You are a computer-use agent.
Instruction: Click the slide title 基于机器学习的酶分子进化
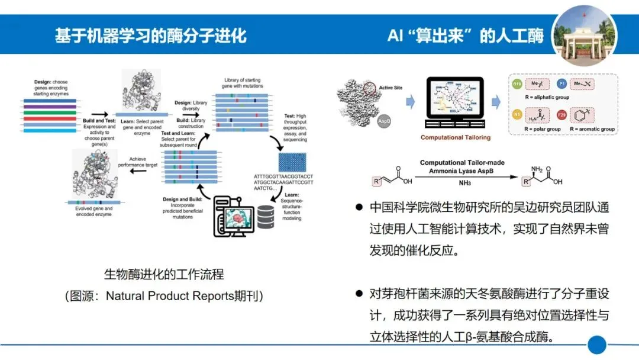coord(150,35)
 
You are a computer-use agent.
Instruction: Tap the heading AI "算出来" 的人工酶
coord(465,36)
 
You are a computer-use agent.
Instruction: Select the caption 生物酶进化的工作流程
coord(164,274)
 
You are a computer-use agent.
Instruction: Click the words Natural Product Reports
coord(170,295)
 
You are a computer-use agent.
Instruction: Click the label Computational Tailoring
coord(456,137)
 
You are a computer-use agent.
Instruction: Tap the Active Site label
coord(390,88)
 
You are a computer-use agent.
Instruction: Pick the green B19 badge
coord(516,84)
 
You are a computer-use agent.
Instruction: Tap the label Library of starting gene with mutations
coord(243,82)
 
